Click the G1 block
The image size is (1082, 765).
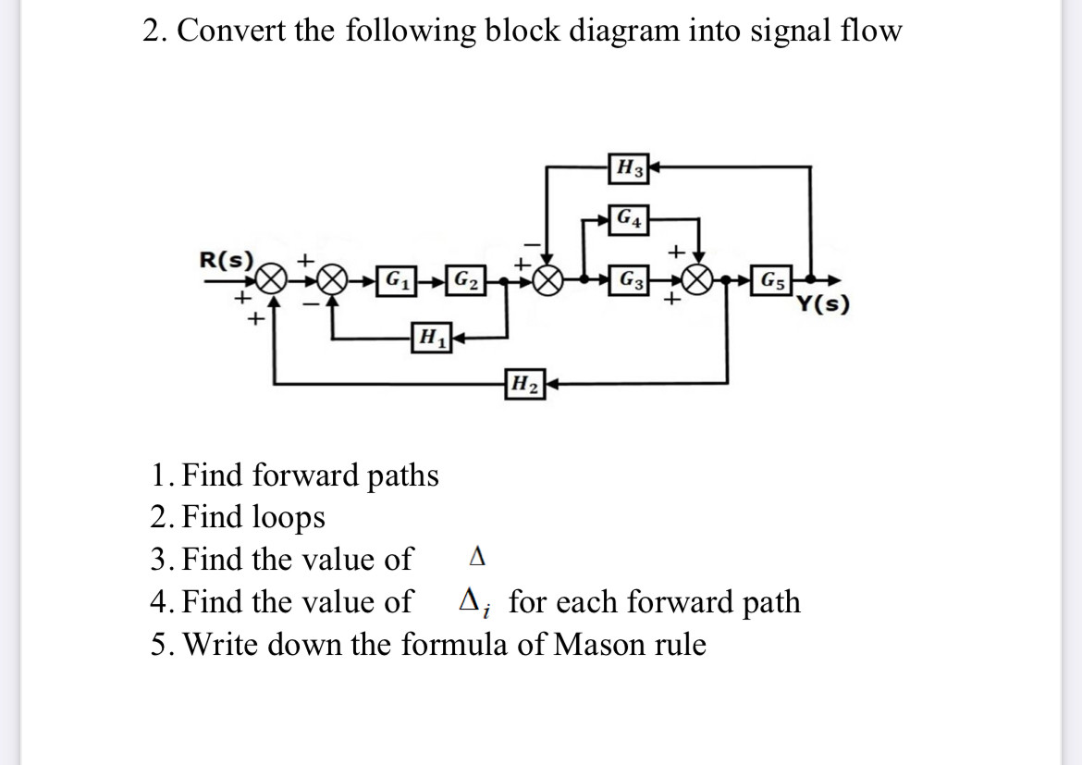(x=398, y=278)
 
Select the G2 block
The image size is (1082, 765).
(x=466, y=278)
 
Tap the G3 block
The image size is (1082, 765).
(x=633, y=278)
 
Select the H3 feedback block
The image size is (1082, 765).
(x=633, y=168)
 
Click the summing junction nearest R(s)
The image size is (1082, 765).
(x=269, y=278)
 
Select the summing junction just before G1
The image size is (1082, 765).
(x=335, y=278)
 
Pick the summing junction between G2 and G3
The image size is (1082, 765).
(x=547, y=278)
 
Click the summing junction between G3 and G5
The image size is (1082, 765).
(x=699, y=278)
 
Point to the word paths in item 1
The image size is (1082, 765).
(x=404, y=475)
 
